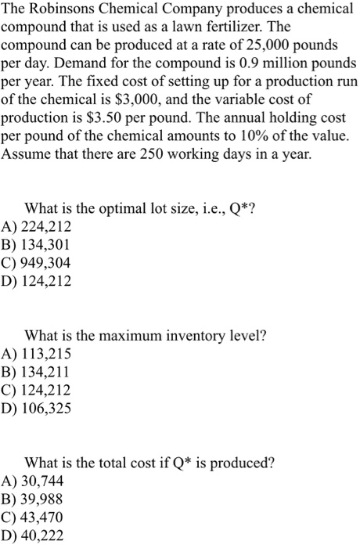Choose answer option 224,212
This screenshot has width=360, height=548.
[x=46, y=227]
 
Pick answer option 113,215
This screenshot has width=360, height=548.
[x=46, y=353]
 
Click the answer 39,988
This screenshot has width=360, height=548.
[x=42, y=498]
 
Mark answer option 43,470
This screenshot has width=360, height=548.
[x=42, y=517]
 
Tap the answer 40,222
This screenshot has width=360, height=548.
[x=42, y=535]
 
